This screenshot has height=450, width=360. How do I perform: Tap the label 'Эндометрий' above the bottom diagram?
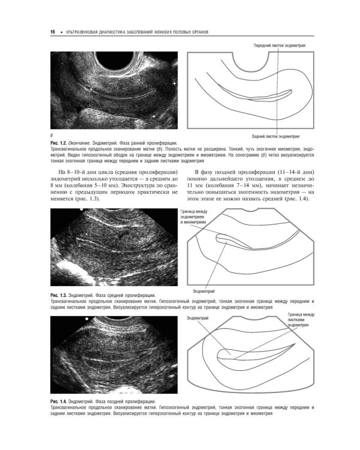198,317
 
